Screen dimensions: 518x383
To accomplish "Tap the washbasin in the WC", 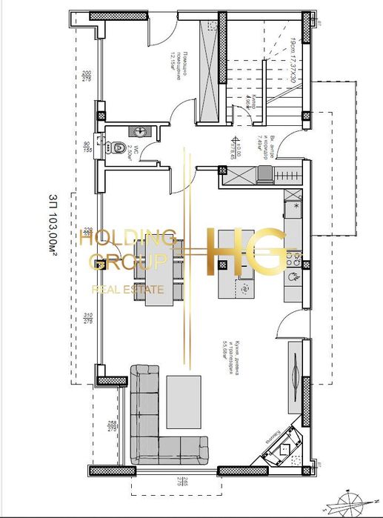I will tap(139, 131).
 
